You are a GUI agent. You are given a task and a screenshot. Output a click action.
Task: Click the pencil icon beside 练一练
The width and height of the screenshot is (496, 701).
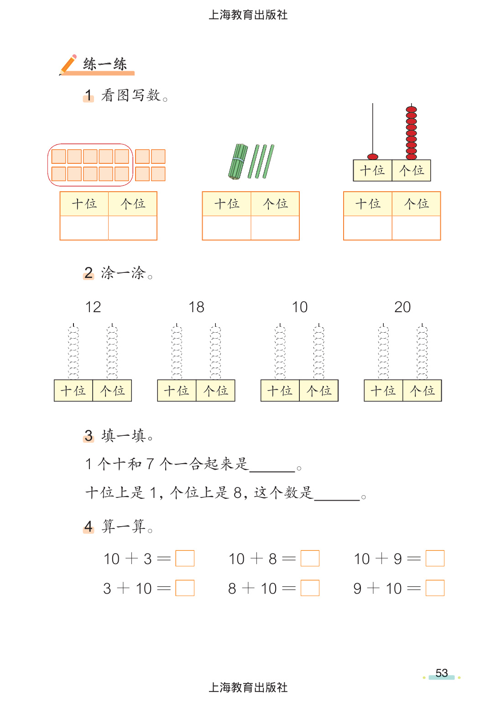(68, 64)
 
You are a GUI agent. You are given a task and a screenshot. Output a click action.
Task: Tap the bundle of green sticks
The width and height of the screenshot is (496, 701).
(238, 162)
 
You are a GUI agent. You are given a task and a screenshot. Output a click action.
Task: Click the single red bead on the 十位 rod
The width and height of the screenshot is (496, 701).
(373, 157)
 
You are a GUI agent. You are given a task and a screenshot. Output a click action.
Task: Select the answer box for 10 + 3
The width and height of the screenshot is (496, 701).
(185, 558)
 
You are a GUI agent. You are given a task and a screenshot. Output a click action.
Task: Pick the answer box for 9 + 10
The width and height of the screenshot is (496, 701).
(435, 588)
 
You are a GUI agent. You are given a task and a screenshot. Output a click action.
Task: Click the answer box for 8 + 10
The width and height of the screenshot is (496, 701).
(310, 588)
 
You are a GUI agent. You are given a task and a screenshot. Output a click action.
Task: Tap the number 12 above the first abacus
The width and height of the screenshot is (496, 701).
(93, 307)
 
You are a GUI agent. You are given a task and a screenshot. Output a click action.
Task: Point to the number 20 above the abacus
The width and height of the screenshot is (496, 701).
(402, 307)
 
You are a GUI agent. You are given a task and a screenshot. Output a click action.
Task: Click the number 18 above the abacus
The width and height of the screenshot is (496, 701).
(197, 307)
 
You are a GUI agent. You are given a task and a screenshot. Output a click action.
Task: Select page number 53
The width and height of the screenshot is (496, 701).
(442, 673)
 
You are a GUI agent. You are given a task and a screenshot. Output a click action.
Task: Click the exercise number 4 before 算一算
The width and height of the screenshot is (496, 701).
(89, 527)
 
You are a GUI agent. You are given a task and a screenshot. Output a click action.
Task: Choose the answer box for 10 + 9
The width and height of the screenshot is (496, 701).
(435, 558)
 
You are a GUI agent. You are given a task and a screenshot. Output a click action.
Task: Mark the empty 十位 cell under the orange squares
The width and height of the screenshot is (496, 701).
(84, 228)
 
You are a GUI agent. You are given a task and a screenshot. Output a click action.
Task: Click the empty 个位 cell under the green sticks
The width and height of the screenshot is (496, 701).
(275, 228)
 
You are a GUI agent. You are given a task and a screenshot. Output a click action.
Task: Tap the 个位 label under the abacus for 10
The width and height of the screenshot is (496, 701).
(319, 391)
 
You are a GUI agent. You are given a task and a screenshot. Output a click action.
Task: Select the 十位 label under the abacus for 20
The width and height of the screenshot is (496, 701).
(383, 391)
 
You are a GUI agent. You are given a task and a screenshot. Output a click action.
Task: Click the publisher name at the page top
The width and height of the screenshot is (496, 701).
(248, 15)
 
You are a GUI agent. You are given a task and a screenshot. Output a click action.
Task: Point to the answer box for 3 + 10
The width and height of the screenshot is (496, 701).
(185, 588)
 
